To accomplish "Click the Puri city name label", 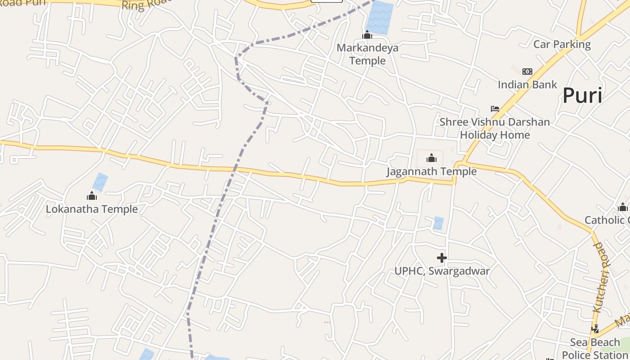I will coord(582,95).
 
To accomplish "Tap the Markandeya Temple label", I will coord(367,54).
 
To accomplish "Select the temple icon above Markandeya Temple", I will coord(367,35).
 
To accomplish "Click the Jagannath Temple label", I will coord(432,171).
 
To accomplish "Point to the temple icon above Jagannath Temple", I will coord(432,158).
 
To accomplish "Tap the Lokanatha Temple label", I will coord(92,209).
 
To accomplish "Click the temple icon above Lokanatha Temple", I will coord(92,196).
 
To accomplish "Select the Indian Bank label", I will coord(527,85).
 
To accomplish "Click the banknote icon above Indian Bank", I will coord(527,72).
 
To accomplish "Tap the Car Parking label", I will coord(562,44).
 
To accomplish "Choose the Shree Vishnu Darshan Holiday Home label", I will coord(495,128).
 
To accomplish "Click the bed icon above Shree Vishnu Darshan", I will coord(495,109).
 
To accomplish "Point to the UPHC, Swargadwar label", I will coord(442,271).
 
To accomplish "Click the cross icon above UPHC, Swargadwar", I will coord(442,258).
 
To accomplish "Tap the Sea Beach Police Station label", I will coord(595,348).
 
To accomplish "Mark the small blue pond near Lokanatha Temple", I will coord(100,182).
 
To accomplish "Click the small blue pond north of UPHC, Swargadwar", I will coord(438,223).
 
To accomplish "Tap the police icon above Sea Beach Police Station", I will coord(595,328).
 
